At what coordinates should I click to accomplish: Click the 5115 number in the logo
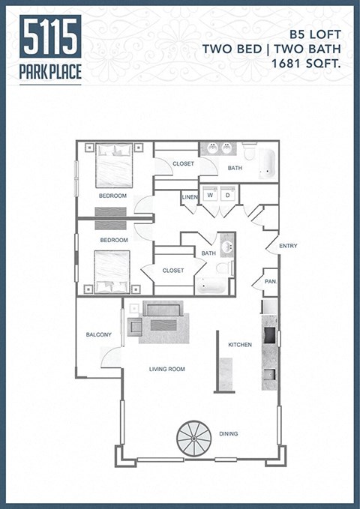coord(51,37)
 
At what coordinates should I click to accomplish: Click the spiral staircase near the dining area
coord(196,439)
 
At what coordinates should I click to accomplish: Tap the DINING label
coord(229,433)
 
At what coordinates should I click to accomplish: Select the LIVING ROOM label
coord(166,369)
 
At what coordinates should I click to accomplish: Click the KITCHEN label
coord(240,345)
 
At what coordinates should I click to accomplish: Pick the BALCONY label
coord(99,334)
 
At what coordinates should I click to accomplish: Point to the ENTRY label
coord(287,246)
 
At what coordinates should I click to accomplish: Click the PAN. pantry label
coord(270,282)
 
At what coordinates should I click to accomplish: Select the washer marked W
coord(209,195)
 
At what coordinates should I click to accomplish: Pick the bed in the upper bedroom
coord(113,165)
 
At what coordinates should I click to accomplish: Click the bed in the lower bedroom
coord(112,271)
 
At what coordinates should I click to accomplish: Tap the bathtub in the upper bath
coord(267,164)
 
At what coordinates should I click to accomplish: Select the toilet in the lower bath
coord(223,268)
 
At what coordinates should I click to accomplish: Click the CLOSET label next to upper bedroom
coord(183,163)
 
